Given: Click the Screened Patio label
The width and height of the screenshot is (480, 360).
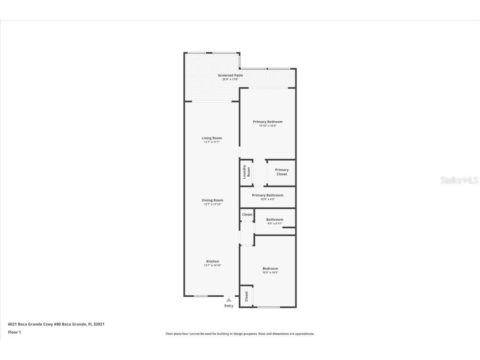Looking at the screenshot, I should (230, 75).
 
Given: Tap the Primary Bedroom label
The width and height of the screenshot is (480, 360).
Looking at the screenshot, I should (267, 122).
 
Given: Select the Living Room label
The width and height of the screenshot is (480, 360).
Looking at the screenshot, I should (212, 138).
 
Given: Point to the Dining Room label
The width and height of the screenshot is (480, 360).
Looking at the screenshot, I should (212, 200).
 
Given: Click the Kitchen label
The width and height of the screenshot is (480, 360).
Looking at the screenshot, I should (212, 261).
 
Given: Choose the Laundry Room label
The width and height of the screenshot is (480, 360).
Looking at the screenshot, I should (247, 172).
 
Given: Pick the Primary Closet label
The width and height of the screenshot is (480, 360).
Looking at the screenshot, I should (282, 172).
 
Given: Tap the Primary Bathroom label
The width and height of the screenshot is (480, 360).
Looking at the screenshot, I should (267, 195).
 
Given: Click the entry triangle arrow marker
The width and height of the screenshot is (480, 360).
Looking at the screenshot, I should (229, 300).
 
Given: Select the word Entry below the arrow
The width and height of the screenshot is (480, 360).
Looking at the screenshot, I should (229, 306).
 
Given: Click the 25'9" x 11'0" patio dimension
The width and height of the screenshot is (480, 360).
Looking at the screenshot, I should (230, 79).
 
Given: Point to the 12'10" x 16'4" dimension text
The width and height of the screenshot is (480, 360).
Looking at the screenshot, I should (267, 125).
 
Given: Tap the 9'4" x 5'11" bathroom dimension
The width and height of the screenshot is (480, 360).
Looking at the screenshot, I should (275, 223).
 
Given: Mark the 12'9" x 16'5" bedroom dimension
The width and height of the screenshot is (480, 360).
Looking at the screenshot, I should (270, 272).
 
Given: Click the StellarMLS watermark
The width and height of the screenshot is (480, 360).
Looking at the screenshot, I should (459, 180).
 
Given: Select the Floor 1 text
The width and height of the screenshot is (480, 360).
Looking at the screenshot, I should (14, 332).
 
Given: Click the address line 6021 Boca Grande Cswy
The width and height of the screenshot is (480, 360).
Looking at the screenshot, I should (56, 324).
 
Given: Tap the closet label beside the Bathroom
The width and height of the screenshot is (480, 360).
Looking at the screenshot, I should (247, 215).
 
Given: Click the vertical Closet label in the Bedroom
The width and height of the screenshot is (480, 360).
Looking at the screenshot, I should (246, 296).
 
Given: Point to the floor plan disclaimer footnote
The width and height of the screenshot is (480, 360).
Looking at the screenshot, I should (240, 334).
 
